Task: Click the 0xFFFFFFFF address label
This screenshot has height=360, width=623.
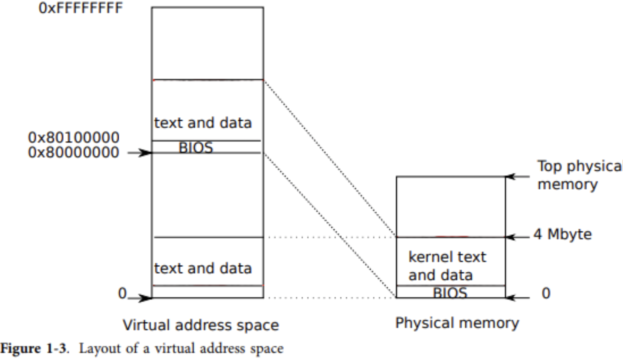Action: (x=81, y=8)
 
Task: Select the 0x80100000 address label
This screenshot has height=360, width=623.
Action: (x=73, y=137)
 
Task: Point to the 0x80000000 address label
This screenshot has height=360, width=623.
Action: (x=73, y=152)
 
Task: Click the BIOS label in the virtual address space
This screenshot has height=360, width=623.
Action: (x=195, y=148)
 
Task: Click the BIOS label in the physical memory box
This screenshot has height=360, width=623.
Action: (x=450, y=293)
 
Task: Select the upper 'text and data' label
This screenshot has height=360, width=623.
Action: (x=203, y=123)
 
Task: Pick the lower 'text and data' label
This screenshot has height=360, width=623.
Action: (x=203, y=268)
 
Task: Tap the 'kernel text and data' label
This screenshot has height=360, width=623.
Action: (x=447, y=266)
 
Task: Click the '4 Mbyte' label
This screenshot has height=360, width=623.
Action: (x=562, y=234)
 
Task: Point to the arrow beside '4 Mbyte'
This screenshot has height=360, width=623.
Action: (x=517, y=237)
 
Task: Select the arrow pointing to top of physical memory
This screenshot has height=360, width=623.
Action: (x=517, y=176)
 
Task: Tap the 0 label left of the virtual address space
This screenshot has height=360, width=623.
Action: (x=122, y=293)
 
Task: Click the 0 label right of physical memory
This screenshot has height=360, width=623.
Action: (x=546, y=293)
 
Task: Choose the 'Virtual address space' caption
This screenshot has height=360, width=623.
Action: (x=201, y=325)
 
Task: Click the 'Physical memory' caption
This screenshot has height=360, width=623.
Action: (x=457, y=322)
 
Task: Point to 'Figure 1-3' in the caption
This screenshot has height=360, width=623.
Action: (x=34, y=348)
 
